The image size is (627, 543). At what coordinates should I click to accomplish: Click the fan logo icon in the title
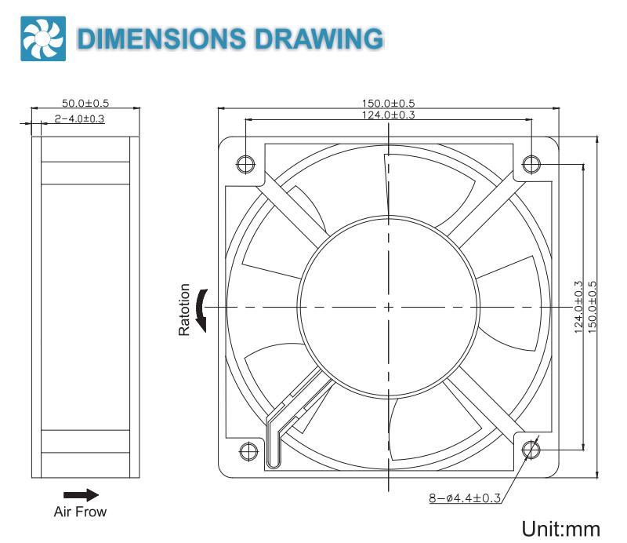point(37,39)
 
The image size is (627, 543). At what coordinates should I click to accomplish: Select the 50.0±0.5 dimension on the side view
point(85,103)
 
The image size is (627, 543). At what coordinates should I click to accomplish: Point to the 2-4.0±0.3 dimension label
point(79,118)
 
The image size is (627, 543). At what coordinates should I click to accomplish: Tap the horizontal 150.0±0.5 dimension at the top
point(388,103)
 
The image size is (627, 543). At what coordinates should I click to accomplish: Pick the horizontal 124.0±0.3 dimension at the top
point(388,115)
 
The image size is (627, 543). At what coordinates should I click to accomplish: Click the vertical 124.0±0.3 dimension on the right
point(578,307)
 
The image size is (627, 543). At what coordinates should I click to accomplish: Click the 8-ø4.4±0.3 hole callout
point(465,497)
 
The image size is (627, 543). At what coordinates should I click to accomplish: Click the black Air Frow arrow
point(81,494)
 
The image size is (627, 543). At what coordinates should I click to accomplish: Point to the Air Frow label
point(80,512)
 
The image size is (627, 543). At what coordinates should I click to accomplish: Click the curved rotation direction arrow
point(201,308)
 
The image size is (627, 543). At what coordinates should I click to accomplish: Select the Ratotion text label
point(185,309)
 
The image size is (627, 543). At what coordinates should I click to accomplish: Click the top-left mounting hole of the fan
point(245,163)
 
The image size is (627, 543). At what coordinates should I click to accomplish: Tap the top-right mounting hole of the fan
point(531,163)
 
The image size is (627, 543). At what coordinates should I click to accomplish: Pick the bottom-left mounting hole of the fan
point(245,450)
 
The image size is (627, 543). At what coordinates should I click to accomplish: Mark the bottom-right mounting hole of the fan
point(531,450)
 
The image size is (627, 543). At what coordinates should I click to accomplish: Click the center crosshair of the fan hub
point(388,307)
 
